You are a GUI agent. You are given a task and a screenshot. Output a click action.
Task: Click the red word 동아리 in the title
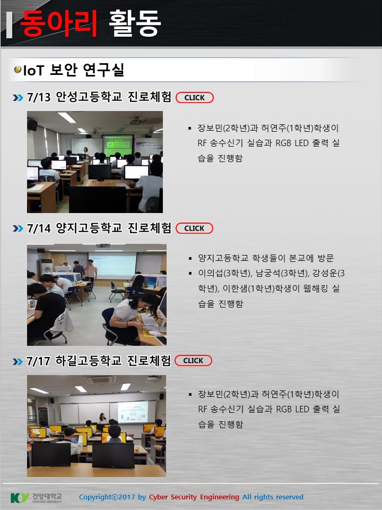point(59,23)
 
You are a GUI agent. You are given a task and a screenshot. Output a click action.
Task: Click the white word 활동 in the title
point(135,23)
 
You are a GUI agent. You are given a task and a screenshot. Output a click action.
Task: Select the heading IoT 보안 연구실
point(74,70)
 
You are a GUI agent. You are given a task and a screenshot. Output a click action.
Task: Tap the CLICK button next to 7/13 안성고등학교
point(195,98)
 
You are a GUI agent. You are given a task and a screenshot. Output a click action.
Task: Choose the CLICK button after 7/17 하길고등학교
point(193,361)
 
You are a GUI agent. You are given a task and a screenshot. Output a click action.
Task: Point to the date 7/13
point(39,97)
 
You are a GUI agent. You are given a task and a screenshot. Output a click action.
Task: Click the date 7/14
point(39,228)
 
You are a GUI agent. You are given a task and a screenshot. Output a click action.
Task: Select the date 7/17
point(38,361)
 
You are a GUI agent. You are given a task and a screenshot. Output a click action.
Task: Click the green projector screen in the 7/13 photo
point(118,145)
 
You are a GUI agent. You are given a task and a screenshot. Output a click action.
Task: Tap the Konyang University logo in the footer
point(36,498)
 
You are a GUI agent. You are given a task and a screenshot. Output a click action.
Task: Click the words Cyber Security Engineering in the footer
point(194,497)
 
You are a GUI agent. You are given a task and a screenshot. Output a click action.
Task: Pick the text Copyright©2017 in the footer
point(107,497)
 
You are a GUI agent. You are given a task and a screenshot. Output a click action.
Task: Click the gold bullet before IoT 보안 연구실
point(18,69)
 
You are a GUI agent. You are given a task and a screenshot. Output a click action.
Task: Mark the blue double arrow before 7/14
point(18,228)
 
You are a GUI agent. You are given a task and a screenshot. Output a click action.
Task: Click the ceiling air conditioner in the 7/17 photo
point(100,379)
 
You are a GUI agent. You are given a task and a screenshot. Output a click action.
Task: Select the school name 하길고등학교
point(89,361)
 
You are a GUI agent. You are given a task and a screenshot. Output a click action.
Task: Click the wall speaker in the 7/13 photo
point(32,125)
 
